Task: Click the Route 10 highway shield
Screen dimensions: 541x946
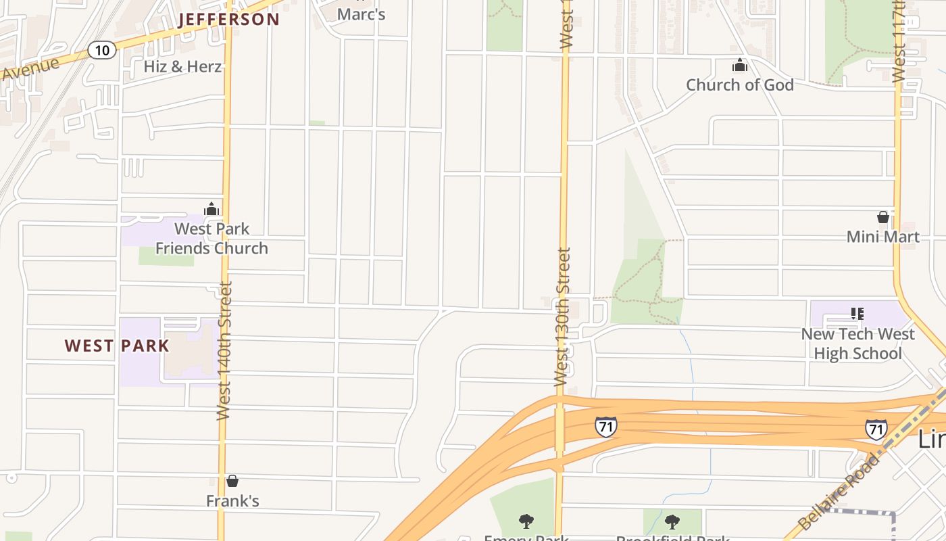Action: tap(101, 49)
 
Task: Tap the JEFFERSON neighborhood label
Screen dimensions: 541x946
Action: tap(229, 19)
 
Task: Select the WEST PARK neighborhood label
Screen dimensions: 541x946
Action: tap(117, 346)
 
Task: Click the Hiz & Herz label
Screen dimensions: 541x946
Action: tap(182, 66)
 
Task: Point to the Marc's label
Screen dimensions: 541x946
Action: tap(361, 14)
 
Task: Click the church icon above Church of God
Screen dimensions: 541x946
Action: tap(740, 66)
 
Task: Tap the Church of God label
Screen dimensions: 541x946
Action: tap(740, 85)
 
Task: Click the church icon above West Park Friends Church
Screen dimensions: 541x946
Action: tap(211, 209)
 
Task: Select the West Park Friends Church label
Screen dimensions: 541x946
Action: tap(211, 239)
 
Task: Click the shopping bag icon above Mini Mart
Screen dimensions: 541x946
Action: tap(882, 217)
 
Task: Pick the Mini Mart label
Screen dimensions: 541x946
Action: tap(882, 237)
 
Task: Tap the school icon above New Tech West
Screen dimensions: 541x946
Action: tap(857, 314)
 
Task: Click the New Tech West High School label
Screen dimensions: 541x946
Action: tap(857, 344)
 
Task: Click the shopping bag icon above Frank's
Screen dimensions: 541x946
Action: tap(232, 481)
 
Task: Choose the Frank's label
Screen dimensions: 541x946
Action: tap(232, 501)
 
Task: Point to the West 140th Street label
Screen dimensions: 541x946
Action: tap(224, 350)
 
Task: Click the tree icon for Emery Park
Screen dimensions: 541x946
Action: tap(526, 521)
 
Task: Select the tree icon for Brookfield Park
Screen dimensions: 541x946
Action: tap(672, 521)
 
